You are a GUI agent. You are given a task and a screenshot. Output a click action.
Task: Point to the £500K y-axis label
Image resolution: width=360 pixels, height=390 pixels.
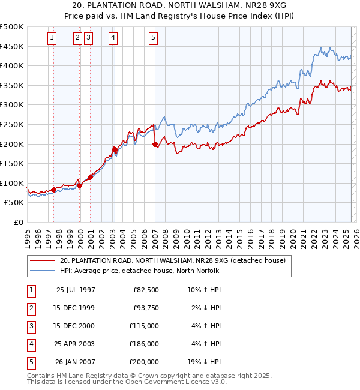[x=12, y=27]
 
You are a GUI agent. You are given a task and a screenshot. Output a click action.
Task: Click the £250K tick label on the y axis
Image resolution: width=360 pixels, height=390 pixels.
[x=12, y=124]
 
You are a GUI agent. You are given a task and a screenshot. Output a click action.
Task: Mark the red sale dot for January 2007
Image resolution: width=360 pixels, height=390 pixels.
[x=155, y=144]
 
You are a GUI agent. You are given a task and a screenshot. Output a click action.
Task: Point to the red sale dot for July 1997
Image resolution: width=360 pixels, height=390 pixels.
[x=53, y=190]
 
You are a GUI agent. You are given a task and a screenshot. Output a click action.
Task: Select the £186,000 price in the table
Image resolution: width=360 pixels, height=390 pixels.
[x=144, y=344]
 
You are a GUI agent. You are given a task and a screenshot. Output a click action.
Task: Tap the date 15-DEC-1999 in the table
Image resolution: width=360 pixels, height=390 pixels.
[x=76, y=308]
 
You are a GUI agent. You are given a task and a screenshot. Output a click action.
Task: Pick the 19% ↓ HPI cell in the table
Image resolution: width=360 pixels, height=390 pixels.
[x=203, y=362]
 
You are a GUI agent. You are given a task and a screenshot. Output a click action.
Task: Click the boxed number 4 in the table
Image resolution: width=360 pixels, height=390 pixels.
[x=31, y=344]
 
